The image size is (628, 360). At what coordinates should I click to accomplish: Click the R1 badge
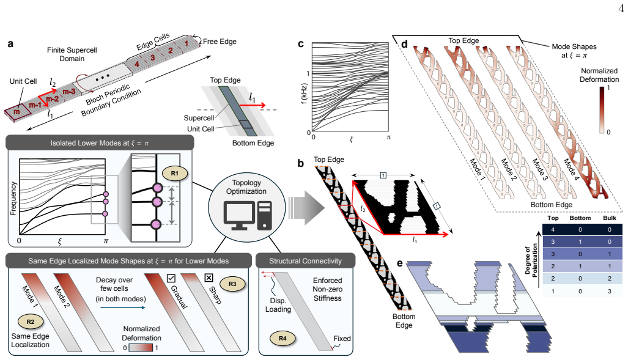point(175,174)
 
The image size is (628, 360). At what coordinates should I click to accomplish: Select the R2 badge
point(31,321)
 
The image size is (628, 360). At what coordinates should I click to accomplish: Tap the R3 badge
point(232,284)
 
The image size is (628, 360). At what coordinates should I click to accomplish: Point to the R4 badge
point(283,339)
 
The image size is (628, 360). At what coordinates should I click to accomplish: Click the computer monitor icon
point(240,215)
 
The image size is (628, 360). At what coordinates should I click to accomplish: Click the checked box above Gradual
point(171,277)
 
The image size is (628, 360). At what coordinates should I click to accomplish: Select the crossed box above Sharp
point(209,277)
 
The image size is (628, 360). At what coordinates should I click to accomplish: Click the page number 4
point(621,9)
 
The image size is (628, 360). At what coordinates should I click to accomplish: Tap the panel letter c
point(301,44)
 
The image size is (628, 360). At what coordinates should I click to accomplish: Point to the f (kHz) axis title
point(304,94)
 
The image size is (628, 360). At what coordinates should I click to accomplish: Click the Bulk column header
point(610,218)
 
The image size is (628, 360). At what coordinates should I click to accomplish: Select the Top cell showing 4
point(553,229)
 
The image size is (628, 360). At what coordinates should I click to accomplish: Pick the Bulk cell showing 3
point(610,291)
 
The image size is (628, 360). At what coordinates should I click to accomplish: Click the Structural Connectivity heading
point(306,261)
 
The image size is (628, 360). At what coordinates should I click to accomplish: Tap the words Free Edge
point(220,41)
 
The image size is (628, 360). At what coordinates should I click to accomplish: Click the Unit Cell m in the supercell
point(17,112)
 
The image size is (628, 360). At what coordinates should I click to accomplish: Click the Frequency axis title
point(13,199)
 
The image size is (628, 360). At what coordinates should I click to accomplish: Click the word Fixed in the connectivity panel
point(342,339)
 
